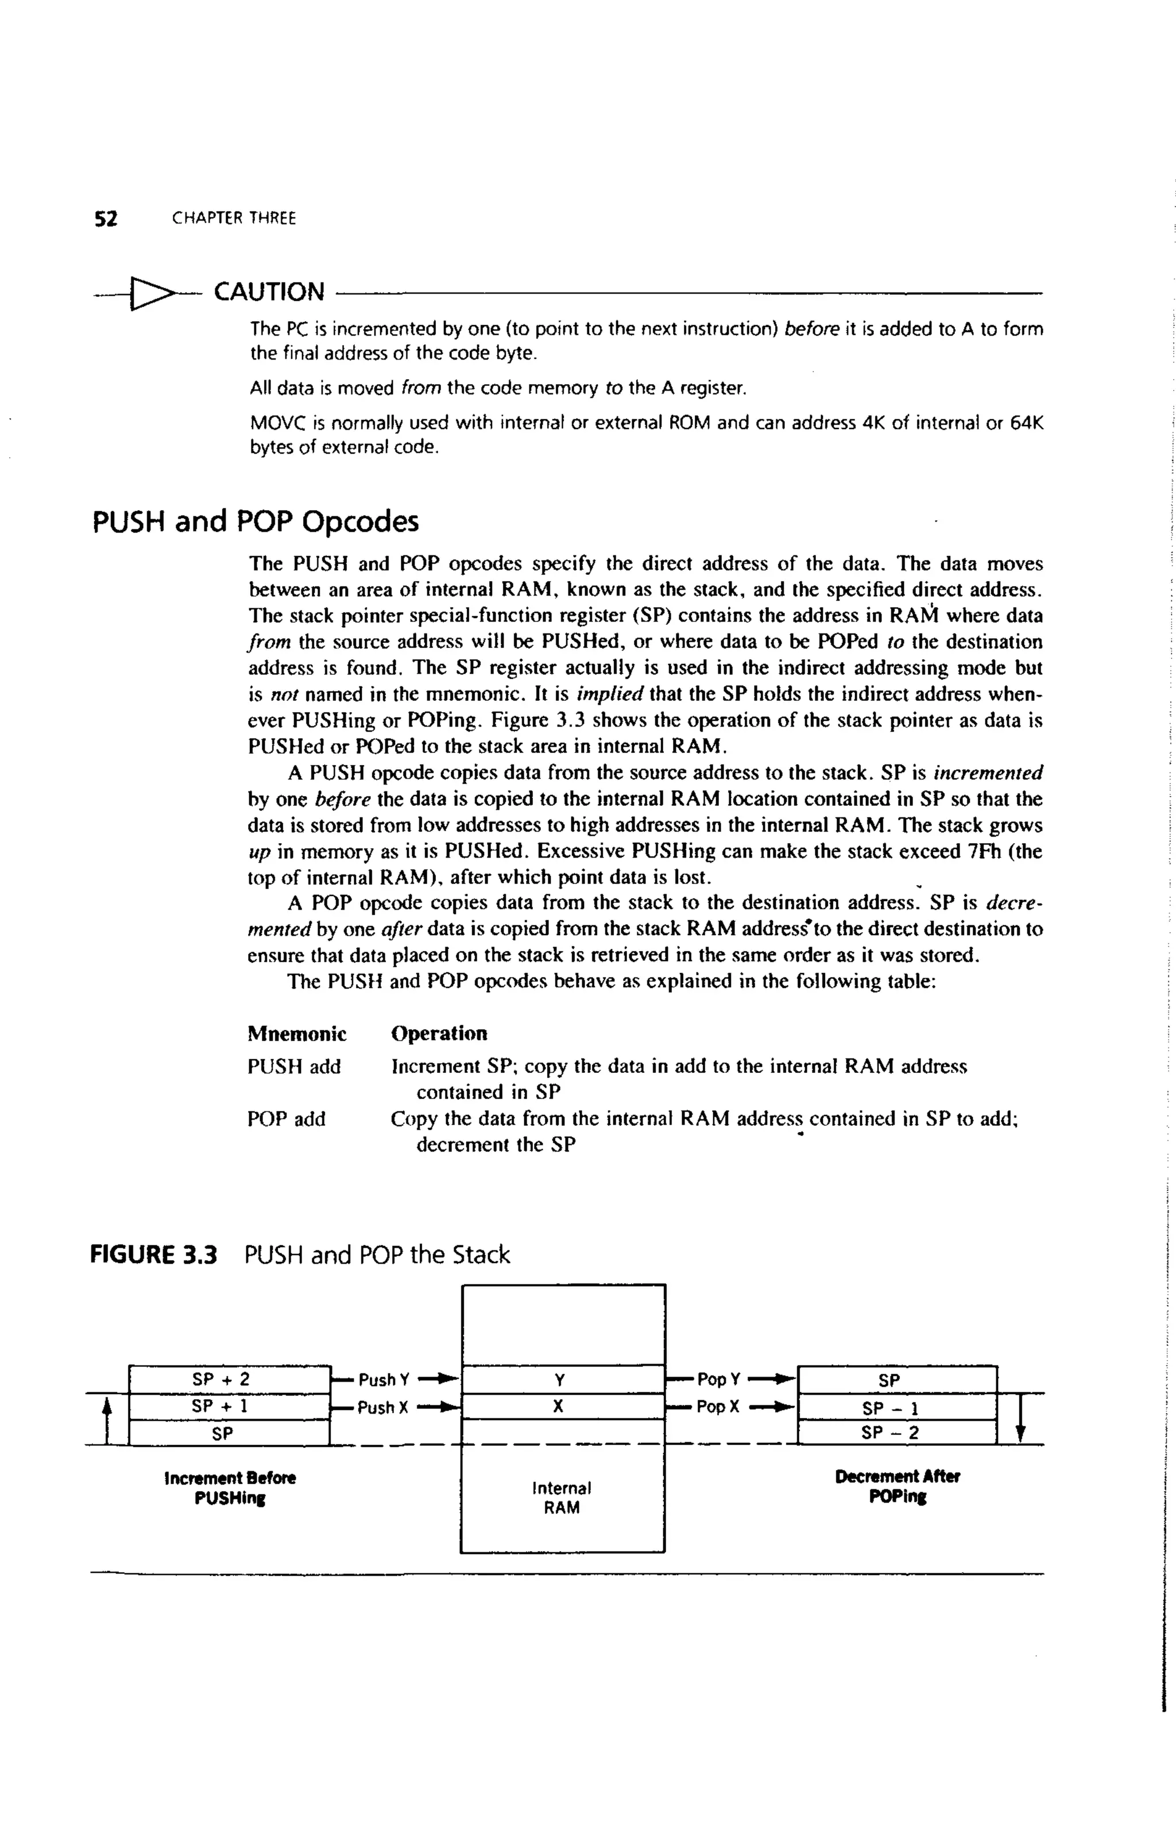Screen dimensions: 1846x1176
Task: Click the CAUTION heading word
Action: [269, 292]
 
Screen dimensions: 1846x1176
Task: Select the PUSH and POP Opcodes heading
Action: [256, 522]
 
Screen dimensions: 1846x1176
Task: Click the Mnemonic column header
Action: [297, 1033]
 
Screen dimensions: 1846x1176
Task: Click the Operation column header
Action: [439, 1033]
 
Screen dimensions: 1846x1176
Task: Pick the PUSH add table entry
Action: [293, 1067]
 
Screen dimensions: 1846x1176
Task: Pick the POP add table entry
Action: [286, 1119]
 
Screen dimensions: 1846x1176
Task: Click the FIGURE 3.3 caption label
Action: [154, 1255]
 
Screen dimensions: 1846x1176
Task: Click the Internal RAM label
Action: [562, 1497]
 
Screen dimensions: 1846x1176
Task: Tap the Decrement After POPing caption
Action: [897, 1486]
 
